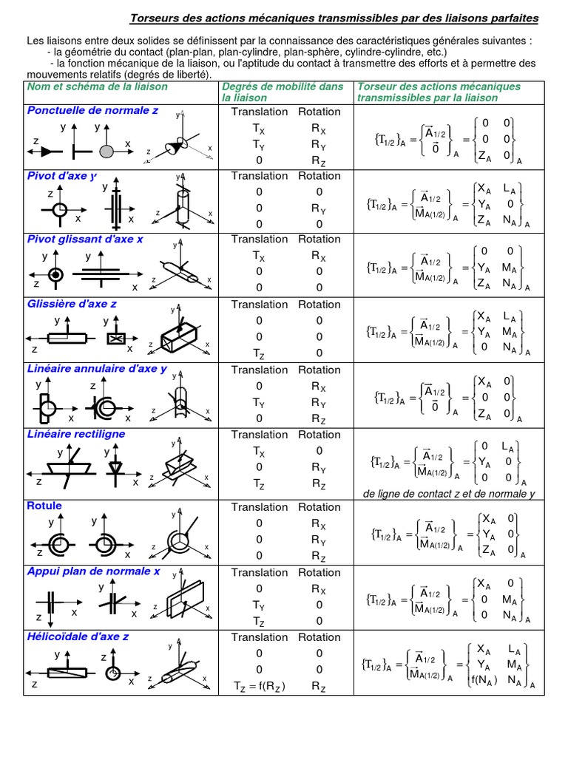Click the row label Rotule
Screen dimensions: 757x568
[44, 506]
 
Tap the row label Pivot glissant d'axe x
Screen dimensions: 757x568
[85, 240]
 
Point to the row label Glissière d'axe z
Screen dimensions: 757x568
[72, 304]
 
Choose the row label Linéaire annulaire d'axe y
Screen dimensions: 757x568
[97, 369]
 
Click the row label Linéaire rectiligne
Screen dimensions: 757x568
[76, 434]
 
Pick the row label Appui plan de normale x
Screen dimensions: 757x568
[93, 571]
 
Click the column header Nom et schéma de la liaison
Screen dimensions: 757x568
[98, 86]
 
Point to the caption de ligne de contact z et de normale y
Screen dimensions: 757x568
[449, 493]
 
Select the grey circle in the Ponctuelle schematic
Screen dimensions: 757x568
[106, 151]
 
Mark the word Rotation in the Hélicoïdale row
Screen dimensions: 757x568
[319, 637]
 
